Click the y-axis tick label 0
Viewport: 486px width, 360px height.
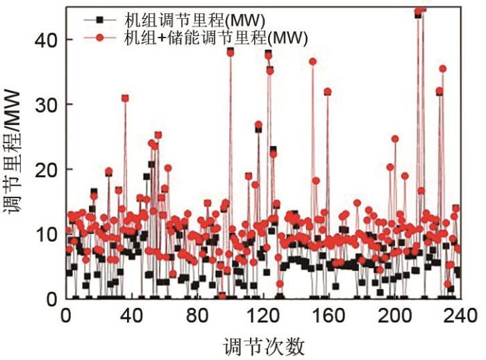click(51, 299)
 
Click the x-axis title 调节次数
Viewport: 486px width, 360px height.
click(263, 345)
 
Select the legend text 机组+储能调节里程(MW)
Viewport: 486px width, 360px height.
click(215, 36)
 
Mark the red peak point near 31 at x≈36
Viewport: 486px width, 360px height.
click(125, 98)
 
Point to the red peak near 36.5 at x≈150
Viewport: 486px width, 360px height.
click(312, 61)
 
